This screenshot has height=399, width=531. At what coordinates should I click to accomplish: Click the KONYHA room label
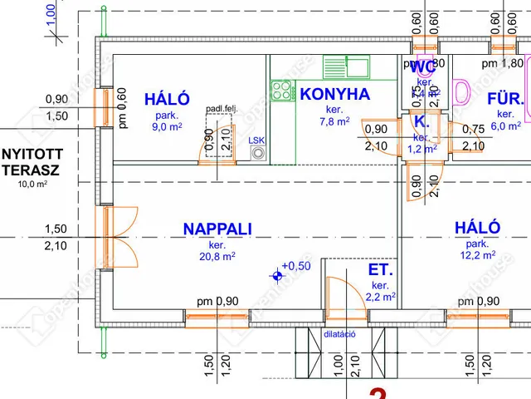[x=334, y=94]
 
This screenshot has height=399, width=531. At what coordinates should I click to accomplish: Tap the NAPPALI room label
[x=217, y=229]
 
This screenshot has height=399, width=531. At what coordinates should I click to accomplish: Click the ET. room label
[x=381, y=270]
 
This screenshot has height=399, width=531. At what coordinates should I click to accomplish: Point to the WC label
[x=423, y=66]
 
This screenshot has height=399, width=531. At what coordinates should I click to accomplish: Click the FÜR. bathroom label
[x=505, y=98]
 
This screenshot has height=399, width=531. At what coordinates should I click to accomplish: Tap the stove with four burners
[x=282, y=90]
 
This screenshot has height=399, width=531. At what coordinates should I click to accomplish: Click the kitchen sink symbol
[x=347, y=66]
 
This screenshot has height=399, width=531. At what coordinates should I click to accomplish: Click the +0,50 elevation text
[x=296, y=266]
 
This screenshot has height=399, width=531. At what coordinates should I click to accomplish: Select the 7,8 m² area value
[x=334, y=121]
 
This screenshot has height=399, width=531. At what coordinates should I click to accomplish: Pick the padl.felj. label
[x=221, y=108]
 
